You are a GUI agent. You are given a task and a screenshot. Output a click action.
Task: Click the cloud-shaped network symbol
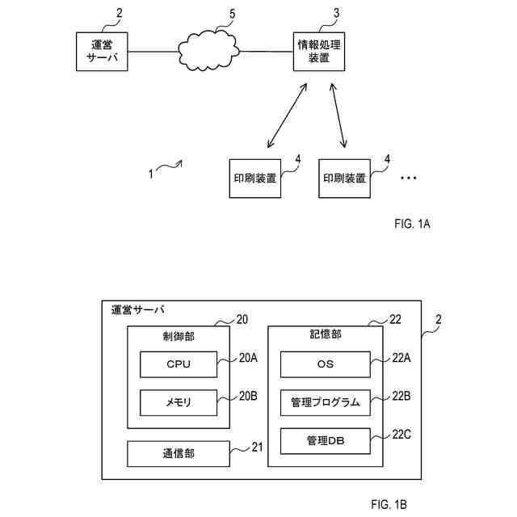pos(208,51)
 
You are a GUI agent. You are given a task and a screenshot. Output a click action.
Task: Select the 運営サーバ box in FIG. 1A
pos(102,52)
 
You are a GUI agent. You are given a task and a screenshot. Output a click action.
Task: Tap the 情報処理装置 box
pos(319,52)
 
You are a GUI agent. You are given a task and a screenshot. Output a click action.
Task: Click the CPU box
pos(179,364)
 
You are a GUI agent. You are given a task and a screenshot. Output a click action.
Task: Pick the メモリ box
pos(179,402)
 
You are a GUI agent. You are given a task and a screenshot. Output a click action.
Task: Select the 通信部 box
pos(179,454)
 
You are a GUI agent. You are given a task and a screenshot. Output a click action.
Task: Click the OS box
pos(325,364)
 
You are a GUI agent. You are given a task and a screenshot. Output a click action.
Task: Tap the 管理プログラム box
pos(325,402)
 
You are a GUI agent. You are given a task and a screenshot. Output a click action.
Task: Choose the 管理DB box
pos(325,441)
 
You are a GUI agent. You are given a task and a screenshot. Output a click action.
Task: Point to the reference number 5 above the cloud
pos(233,15)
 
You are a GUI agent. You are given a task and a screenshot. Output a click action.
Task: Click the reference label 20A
pos(248,358)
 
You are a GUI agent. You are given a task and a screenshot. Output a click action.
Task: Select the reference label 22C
pos(401,435)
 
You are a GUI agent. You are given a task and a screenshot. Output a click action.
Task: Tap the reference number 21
pos(257,447)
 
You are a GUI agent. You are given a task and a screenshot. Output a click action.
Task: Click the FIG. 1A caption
pos(412,224)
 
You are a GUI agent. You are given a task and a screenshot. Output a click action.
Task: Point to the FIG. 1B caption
pos(389,504)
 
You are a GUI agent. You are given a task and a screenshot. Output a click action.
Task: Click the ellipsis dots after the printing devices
pos(409,178)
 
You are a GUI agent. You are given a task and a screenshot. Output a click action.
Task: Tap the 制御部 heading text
pos(179,336)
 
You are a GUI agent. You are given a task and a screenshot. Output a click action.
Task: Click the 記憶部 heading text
pos(326,334)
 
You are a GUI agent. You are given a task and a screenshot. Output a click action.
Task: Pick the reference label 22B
pos(401,396)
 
